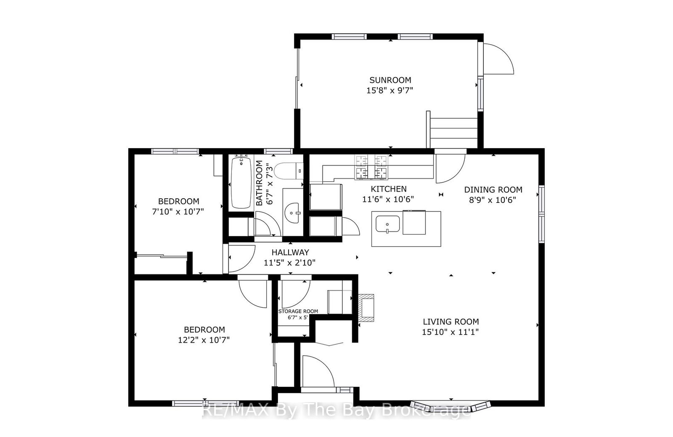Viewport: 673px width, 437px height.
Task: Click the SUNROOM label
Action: click(x=390, y=80)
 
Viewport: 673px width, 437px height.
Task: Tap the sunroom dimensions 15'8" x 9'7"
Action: click(x=389, y=90)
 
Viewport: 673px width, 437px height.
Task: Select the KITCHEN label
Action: click(x=389, y=189)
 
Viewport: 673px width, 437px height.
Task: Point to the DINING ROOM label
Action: click(x=493, y=190)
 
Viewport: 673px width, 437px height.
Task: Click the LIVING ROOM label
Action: click(x=450, y=322)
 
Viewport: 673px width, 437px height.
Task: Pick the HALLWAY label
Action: click(x=290, y=252)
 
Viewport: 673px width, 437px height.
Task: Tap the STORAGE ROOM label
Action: click(x=298, y=311)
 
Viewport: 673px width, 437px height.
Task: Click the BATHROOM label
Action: click(x=259, y=183)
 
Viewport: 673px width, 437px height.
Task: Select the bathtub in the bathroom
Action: click(x=241, y=183)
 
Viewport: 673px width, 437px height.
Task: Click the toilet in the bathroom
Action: click(x=289, y=171)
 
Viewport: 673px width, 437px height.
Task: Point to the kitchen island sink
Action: click(x=387, y=224)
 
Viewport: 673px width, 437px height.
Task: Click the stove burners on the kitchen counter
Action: click(x=371, y=167)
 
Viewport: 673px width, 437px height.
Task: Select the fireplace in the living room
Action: click(x=366, y=308)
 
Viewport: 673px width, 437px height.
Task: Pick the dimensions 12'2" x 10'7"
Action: click(x=204, y=340)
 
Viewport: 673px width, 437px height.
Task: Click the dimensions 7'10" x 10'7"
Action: click(x=178, y=212)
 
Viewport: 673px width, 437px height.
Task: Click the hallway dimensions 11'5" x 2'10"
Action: click(x=290, y=263)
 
